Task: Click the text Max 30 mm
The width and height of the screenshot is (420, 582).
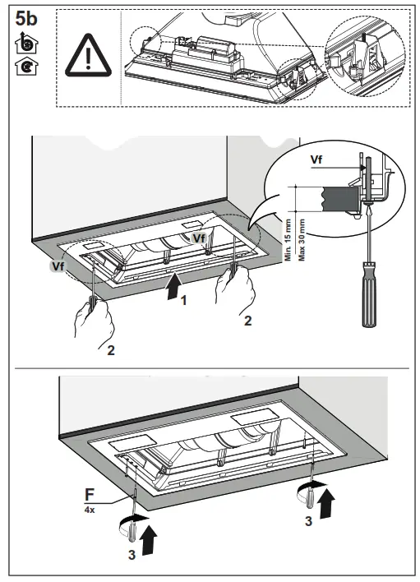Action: tap(302, 238)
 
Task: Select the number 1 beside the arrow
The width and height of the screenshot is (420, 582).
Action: tap(184, 302)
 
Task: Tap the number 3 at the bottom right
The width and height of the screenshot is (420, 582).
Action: tap(308, 521)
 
